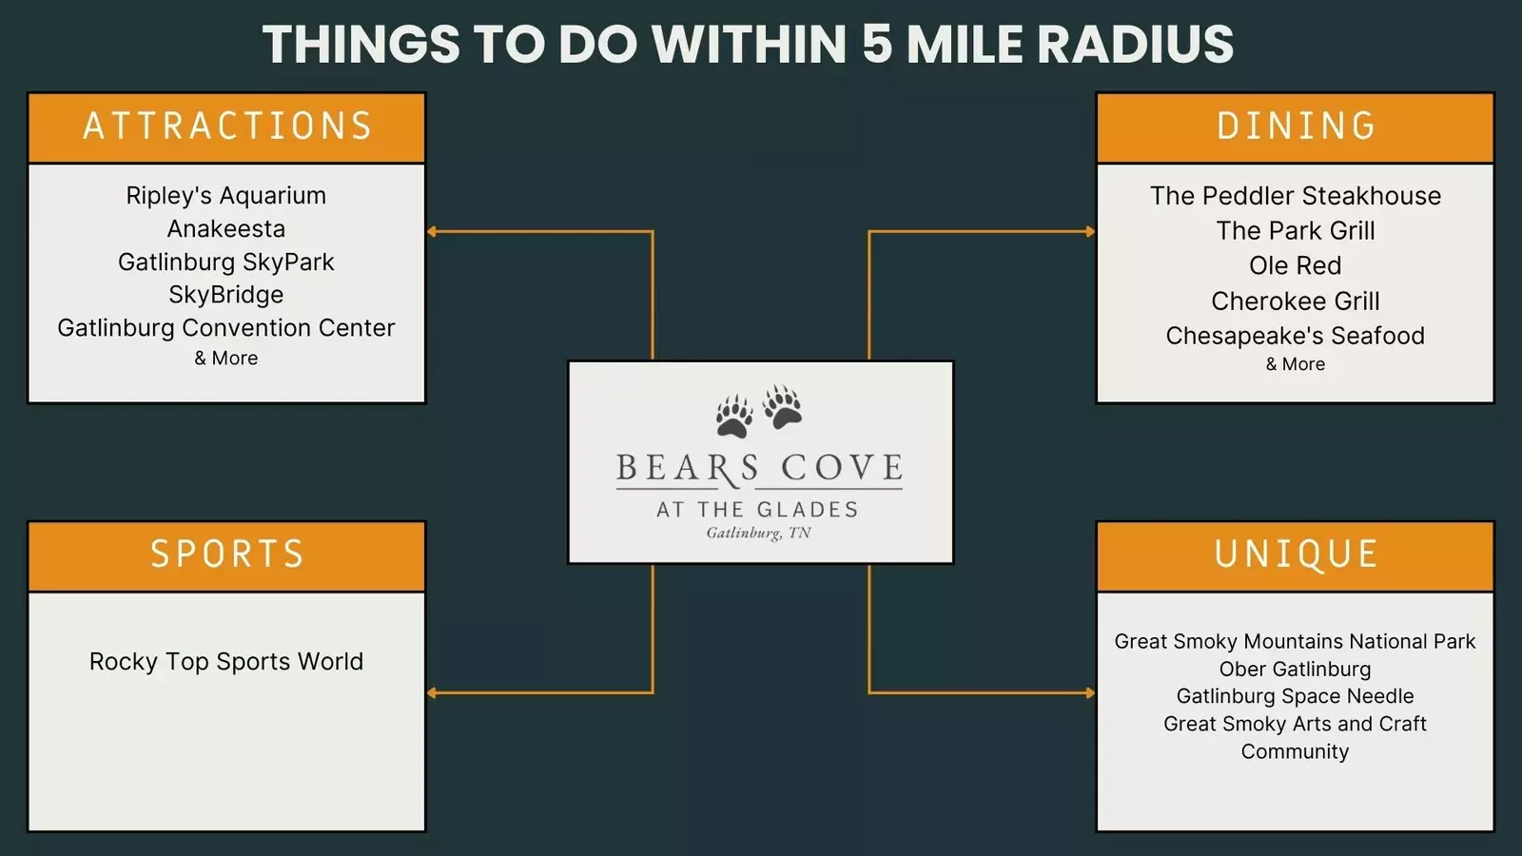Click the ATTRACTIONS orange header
tap(227, 126)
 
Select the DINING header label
tap(1296, 126)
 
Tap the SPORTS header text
tap(227, 554)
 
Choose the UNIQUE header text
tap(1296, 554)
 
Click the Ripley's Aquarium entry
tap(226, 196)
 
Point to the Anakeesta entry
tap(226, 229)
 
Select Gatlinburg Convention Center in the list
tap(226, 328)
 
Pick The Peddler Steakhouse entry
tap(1296, 196)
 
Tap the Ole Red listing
tap(1296, 266)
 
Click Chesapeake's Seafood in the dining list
tap(1296, 336)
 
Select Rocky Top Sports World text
tap(226, 662)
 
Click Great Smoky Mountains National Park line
tap(1295, 642)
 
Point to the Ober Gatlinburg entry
tap(1295, 670)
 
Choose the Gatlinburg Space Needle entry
tap(1295, 696)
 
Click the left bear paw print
tap(733, 417)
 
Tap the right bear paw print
tap(783, 406)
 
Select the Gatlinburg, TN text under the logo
tap(758, 534)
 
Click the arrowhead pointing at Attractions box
tap(432, 231)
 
